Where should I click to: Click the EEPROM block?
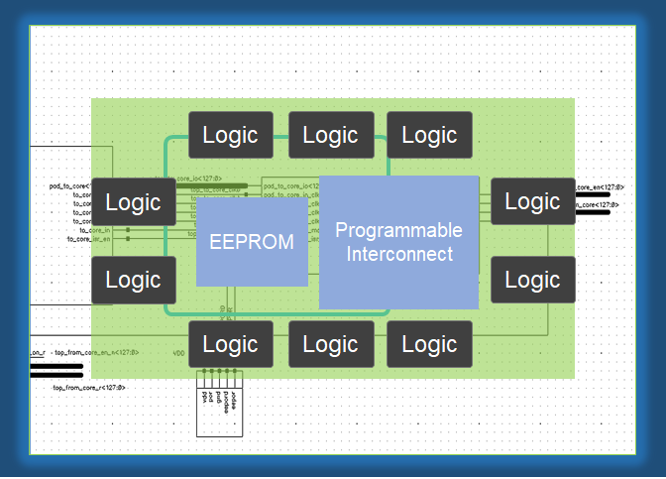pos(252,242)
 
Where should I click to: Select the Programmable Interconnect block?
pos(398,242)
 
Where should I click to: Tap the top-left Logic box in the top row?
pos(231,135)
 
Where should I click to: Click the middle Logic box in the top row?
pos(330,135)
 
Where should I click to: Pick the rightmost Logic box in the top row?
pos(429,135)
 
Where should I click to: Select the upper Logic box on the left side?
pos(134,202)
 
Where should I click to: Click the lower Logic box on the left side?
pos(134,280)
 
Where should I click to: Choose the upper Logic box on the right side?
pos(532,201)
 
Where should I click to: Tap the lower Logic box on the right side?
pos(532,280)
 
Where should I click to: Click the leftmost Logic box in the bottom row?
pos(231,344)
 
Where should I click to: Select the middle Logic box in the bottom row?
pos(330,344)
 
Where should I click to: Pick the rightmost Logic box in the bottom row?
pos(429,344)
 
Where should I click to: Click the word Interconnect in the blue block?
pos(398,254)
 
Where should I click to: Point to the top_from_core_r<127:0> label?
pos(89,388)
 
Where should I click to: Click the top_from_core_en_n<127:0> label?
pos(96,352)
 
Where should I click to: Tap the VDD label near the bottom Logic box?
pos(178,352)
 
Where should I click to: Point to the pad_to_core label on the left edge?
pos(70,185)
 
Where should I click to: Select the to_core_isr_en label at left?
pos(88,239)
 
